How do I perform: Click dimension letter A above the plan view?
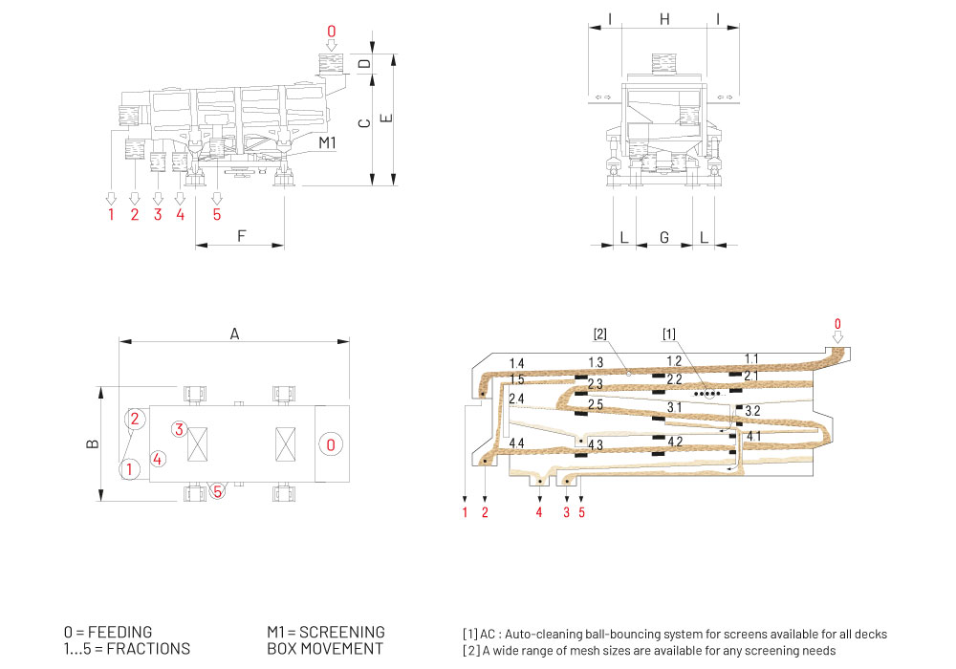(234, 333)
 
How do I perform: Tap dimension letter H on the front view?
(664, 18)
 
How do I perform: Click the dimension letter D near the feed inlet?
(363, 65)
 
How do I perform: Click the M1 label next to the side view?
(328, 142)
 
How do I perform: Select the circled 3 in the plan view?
(178, 429)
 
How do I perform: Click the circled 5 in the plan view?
(218, 491)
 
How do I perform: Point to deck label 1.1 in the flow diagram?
(751, 358)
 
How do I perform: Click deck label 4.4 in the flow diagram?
(516, 443)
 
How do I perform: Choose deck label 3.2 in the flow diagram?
(752, 411)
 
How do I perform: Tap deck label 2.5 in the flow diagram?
(595, 405)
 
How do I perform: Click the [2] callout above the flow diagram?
(600, 334)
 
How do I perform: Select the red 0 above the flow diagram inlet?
(837, 324)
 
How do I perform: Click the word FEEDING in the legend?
(119, 632)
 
